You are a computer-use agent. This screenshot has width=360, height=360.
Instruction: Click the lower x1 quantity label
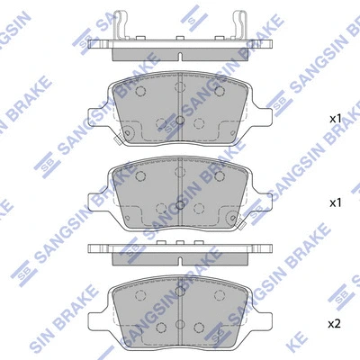335,203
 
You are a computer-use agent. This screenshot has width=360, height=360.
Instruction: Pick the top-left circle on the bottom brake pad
139,295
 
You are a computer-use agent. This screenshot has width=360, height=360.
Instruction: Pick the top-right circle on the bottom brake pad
222,295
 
